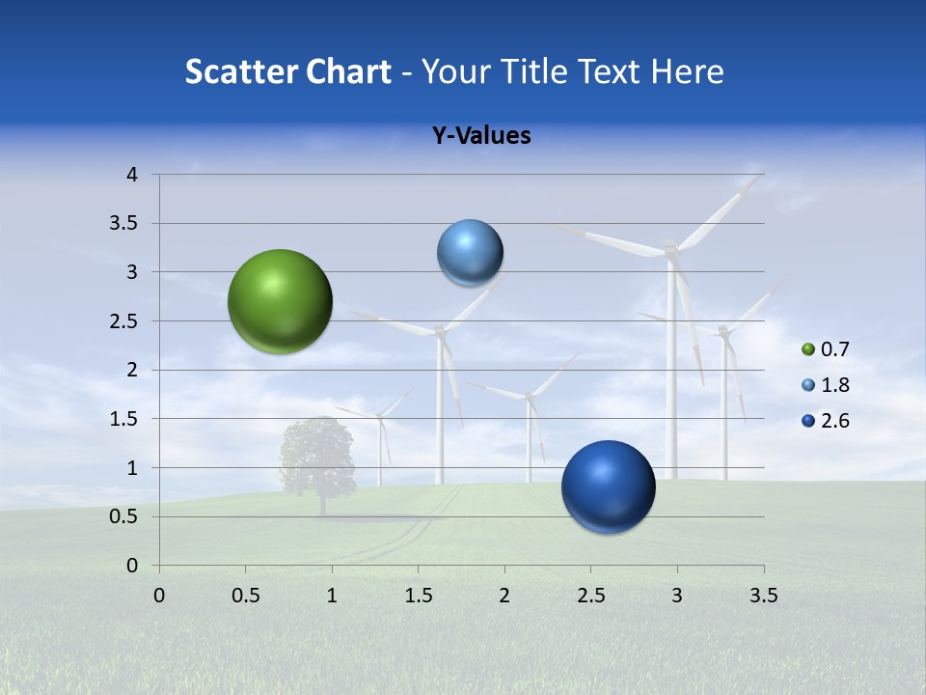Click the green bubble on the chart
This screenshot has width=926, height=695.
pyautogui.click(x=280, y=301)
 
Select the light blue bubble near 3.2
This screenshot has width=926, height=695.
pyautogui.click(x=470, y=253)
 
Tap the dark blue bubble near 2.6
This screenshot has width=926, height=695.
pyautogui.click(x=608, y=486)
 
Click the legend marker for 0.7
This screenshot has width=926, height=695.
pyautogui.click(x=808, y=349)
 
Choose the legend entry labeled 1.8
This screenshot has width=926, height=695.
pyautogui.click(x=834, y=385)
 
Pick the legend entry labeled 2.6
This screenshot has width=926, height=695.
pyautogui.click(x=834, y=421)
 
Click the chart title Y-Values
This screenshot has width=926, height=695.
pyautogui.click(x=480, y=136)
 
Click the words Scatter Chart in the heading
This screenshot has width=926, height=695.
pyautogui.click(x=287, y=71)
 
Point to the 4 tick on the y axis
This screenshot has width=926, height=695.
pyautogui.click(x=132, y=175)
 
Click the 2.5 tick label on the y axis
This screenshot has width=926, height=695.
pyautogui.click(x=123, y=321)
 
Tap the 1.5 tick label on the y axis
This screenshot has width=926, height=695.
pyautogui.click(x=123, y=419)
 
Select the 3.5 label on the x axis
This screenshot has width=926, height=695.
pyautogui.click(x=763, y=596)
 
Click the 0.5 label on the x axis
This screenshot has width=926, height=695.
pyautogui.click(x=245, y=596)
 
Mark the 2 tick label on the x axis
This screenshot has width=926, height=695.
pyautogui.click(x=504, y=596)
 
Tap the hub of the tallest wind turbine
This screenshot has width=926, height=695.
pyautogui.click(x=671, y=250)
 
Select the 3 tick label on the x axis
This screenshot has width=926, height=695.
pyautogui.click(x=676, y=596)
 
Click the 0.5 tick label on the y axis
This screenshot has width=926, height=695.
pyautogui.click(x=123, y=516)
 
